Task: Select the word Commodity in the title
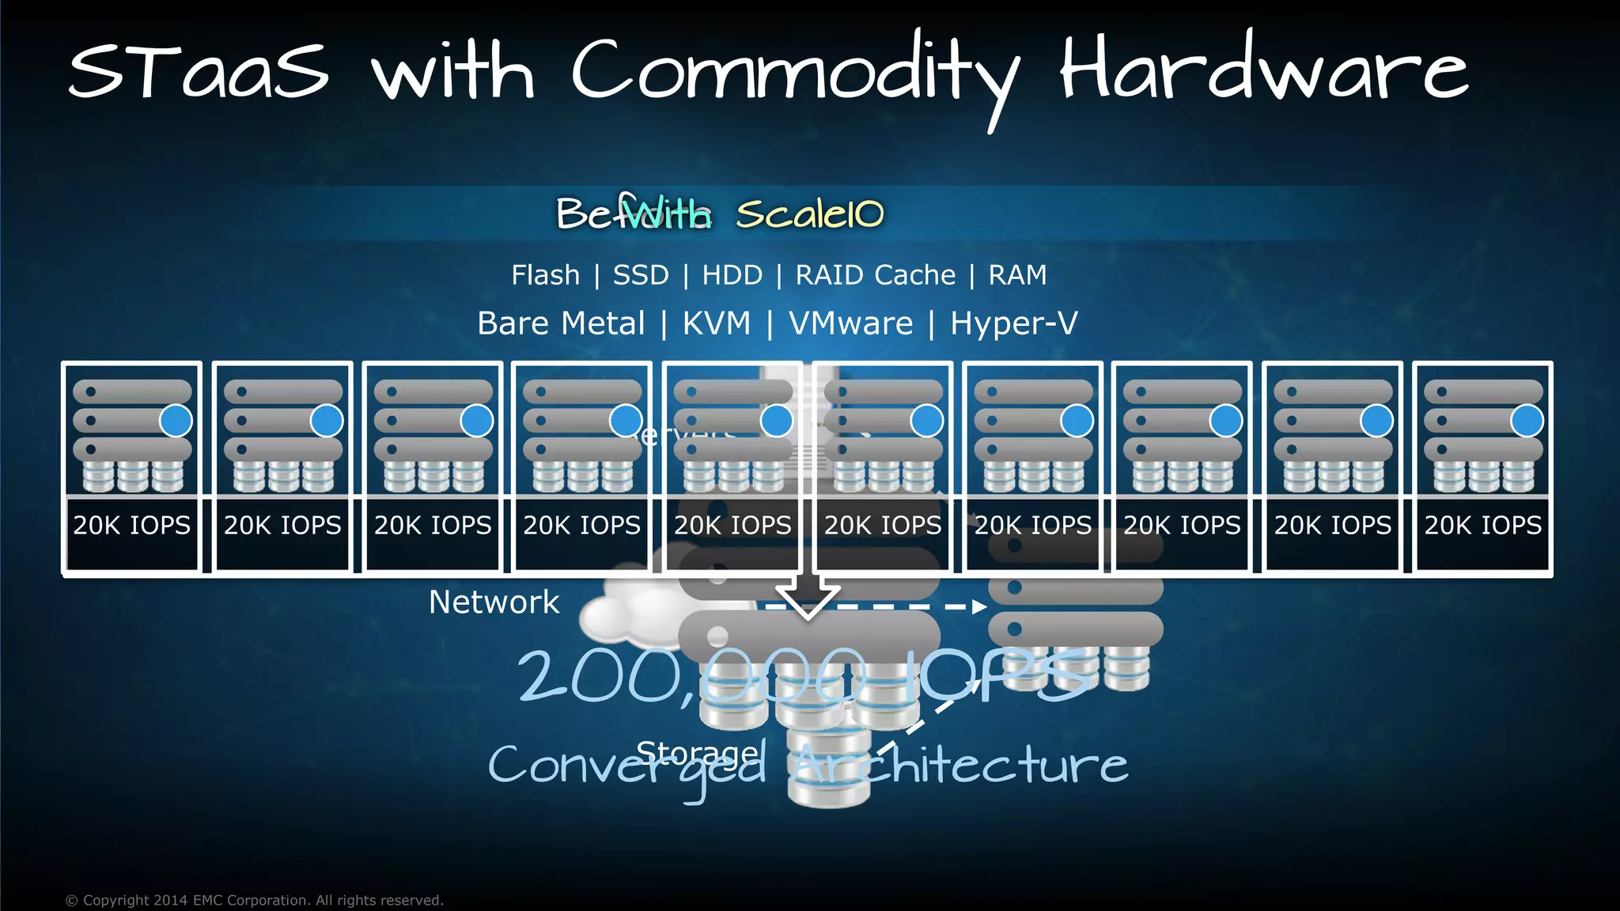click(795, 75)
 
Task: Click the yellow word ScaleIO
click(810, 214)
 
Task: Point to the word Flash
click(545, 275)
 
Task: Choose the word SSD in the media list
click(641, 275)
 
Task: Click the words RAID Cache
click(875, 275)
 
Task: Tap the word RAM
click(1017, 275)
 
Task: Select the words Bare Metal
click(561, 323)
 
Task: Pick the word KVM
click(717, 323)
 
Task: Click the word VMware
click(850, 323)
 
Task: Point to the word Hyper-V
click(1013, 323)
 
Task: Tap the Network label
click(494, 603)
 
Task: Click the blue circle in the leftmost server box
click(176, 421)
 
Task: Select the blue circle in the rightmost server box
click(1527, 421)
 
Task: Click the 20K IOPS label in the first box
click(132, 525)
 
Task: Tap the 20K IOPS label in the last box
click(1483, 525)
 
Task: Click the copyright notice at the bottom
click(254, 900)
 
